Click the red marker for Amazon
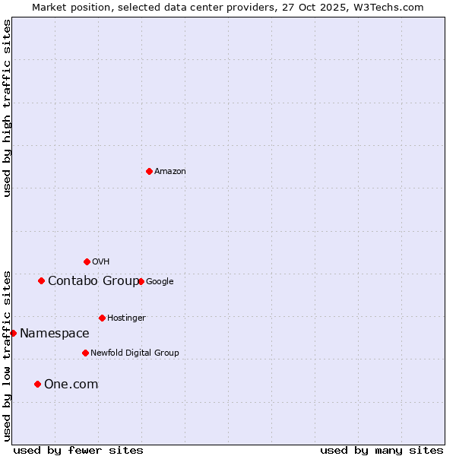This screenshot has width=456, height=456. (149, 171)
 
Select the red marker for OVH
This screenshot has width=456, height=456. (87, 261)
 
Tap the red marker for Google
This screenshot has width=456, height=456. (141, 281)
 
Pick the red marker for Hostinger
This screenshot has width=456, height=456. (102, 318)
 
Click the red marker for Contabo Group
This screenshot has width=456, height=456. (41, 280)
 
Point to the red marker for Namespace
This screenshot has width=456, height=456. (13, 333)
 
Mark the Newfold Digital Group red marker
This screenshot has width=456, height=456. (85, 353)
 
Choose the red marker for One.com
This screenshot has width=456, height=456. (37, 384)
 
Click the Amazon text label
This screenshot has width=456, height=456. (170, 172)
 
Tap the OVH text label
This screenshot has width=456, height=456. (101, 262)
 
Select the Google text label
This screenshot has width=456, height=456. (160, 282)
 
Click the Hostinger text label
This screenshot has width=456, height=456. (126, 318)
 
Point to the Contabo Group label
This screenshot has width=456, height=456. (93, 281)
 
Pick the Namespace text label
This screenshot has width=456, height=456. (55, 334)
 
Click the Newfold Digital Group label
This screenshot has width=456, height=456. (135, 353)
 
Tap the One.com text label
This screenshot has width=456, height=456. (71, 385)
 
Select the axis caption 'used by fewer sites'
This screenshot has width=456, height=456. (78, 450)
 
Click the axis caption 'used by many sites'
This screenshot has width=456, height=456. (382, 450)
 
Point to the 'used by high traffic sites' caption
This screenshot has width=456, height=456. (7, 108)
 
